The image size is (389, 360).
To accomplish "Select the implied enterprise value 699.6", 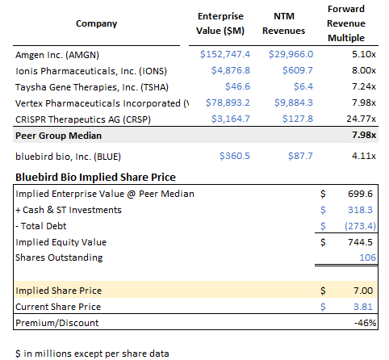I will [360, 194].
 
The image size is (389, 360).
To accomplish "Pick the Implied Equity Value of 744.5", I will [360, 241].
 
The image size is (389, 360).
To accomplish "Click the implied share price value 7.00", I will [362, 290].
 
